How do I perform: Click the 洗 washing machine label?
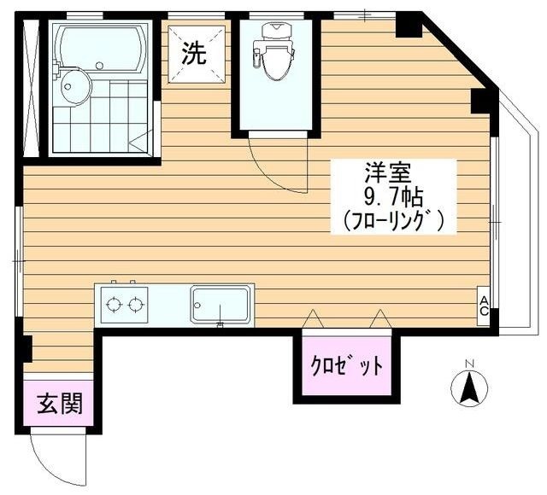196,55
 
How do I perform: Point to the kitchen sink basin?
221,304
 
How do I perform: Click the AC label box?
484,305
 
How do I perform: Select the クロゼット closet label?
346,367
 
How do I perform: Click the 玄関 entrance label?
59,403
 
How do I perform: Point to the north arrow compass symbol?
468,390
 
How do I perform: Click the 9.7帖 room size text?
391,196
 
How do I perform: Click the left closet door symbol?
312,319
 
